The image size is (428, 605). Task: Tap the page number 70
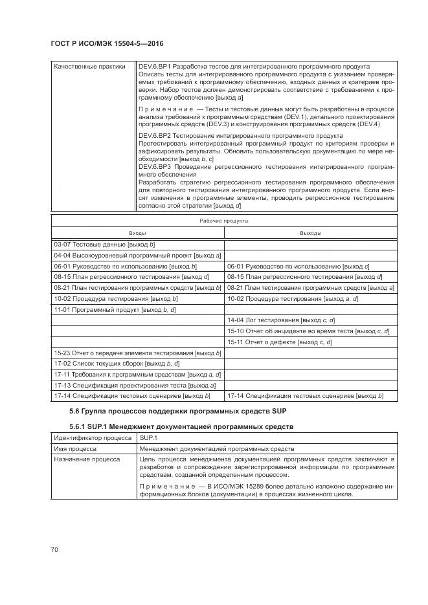[54, 549]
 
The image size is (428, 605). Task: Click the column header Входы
[137, 233]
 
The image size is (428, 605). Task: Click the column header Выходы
[311, 233]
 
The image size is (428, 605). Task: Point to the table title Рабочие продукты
[223, 221]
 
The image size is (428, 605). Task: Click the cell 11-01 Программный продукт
[115, 310]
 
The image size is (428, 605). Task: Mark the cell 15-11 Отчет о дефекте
[279, 342]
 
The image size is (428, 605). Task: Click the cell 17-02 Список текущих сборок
[107, 364]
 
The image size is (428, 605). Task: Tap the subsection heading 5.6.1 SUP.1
[181, 427]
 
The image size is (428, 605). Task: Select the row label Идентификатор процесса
[92, 438]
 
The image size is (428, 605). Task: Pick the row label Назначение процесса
[86, 459]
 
